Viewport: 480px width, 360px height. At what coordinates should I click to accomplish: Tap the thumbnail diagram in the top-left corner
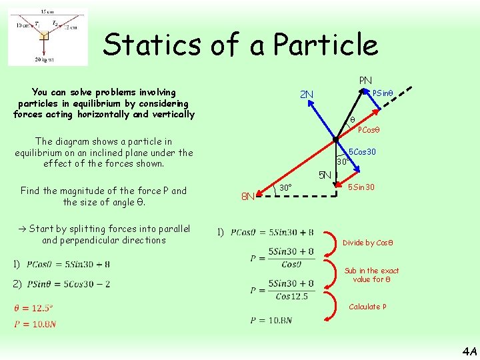47,37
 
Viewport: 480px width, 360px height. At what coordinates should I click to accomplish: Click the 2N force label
307,94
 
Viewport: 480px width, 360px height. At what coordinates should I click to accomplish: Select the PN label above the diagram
365,81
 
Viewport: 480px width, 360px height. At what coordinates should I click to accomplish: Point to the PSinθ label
385,93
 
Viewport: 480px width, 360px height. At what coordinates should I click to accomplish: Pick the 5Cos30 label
362,152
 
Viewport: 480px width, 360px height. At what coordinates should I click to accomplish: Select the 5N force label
325,176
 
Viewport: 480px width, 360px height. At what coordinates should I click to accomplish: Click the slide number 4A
469,351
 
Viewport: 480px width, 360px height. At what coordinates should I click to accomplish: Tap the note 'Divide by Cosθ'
367,243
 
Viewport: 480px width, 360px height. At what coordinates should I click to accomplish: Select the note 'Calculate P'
368,307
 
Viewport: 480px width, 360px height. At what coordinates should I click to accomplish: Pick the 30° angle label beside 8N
285,187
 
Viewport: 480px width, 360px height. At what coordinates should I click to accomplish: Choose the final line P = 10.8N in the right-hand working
271,321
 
